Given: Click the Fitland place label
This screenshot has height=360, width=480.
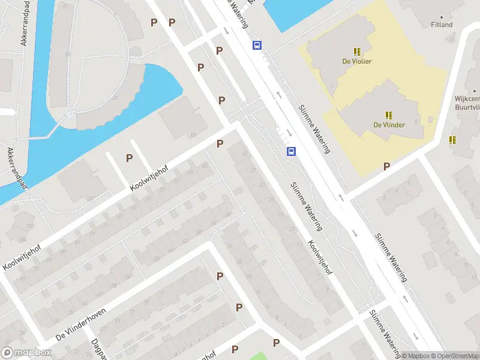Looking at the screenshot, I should coord(442,25).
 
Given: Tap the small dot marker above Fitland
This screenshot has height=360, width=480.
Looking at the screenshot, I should coord(442,17).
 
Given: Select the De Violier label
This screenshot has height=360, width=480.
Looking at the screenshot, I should coord(357,61).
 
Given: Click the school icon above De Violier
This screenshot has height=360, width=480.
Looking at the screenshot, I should coord(357,52).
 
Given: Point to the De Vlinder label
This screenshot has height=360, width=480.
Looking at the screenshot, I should coord(389,125).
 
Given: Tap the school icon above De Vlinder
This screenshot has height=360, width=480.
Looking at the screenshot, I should coord(389,115).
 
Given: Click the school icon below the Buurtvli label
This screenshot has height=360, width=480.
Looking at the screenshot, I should coord(452,139).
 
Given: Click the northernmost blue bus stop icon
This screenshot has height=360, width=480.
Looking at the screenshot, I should coord(257,45).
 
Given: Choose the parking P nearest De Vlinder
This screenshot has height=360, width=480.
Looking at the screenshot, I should coord(387,166).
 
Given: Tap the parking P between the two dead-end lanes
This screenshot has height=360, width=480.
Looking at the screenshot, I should coord(129,158).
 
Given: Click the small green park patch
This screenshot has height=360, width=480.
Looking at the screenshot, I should coord(257,356).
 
